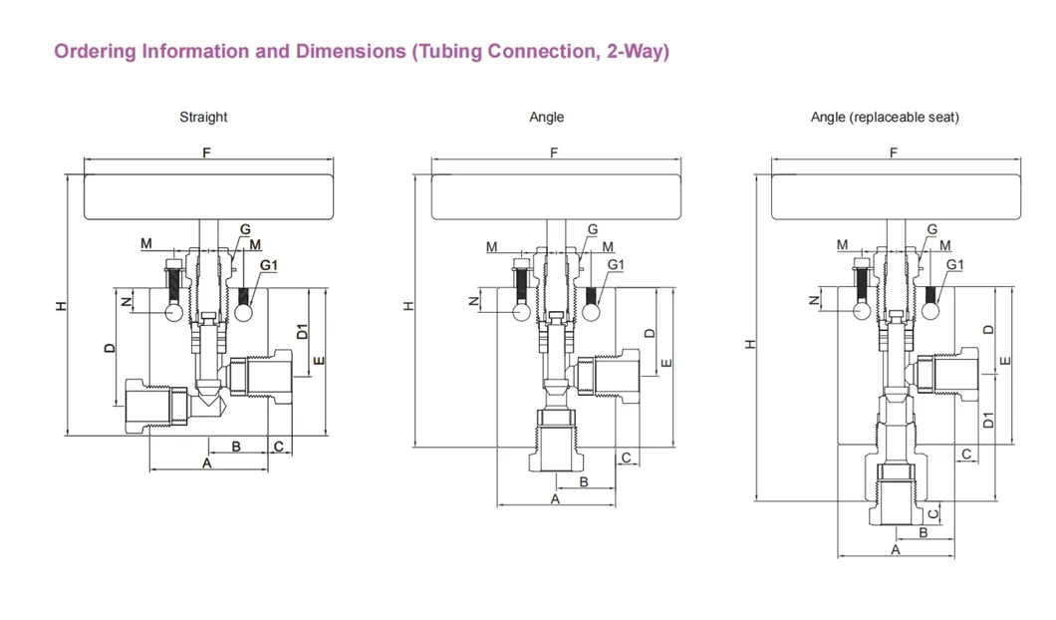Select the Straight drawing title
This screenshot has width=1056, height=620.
pos(203,117)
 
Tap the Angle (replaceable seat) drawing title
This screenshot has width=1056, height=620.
pos(885,117)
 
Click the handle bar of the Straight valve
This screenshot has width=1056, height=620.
pos(207,196)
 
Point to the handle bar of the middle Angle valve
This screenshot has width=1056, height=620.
pos(555,196)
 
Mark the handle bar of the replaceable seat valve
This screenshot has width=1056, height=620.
pos(895,196)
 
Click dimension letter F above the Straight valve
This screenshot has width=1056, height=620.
pos(206,153)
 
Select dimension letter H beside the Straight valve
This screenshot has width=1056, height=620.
pos(62,305)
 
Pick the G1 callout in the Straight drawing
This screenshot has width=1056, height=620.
pos(269,265)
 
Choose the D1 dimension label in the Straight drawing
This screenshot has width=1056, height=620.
pos(302,333)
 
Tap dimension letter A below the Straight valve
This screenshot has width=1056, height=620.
pos(207,464)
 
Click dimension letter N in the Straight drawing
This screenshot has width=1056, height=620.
pos(126,300)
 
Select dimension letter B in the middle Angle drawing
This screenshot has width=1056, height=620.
pos(584,481)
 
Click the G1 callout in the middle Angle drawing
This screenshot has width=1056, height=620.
pos(616,264)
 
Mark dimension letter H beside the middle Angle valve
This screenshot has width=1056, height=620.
pos(406,305)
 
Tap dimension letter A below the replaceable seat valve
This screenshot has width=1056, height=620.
pos(895,549)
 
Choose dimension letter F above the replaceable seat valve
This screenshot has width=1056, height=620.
pos(894,153)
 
